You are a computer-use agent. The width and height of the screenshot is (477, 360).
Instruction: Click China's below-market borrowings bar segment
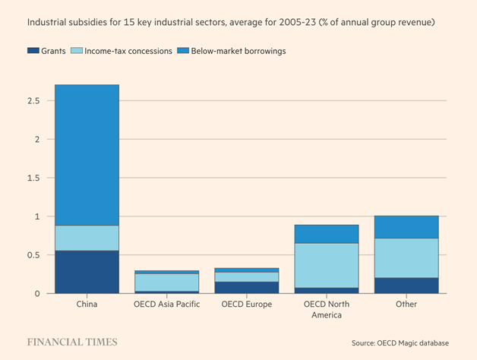[x=87, y=155]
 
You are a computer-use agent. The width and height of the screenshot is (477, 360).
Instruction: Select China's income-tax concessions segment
[x=87, y=238]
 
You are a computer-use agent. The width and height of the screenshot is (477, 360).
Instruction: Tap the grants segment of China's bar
[x=87, y=272]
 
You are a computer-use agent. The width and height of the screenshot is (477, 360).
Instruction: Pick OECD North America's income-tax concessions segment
[x=327, y=265]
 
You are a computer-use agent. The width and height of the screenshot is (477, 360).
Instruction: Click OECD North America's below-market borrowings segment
[x=327, y=234]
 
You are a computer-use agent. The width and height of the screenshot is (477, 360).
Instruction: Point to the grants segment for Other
[x=406, y=286]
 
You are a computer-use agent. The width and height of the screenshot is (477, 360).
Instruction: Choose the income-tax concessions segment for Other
[x=406, y=257]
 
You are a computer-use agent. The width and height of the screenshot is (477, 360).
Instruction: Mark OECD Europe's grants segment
[x=247, y=287]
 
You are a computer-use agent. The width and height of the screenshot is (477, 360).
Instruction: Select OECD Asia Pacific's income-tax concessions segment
[x=167, y=282]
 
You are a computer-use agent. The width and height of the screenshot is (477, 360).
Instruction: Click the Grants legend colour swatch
[x=33, y=51]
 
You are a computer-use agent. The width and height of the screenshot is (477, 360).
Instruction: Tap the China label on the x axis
[x=87, y=305]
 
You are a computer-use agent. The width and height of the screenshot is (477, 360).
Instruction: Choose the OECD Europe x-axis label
[x=247, y=305]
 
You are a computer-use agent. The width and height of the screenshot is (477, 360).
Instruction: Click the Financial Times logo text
[x=72, y=342]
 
